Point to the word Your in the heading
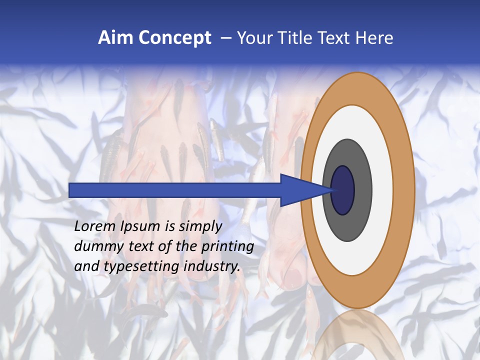pos(253,38)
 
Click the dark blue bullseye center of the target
pos(343,190)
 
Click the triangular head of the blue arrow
pos(300,190)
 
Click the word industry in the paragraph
pos(212,267)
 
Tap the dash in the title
pos(226,38)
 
